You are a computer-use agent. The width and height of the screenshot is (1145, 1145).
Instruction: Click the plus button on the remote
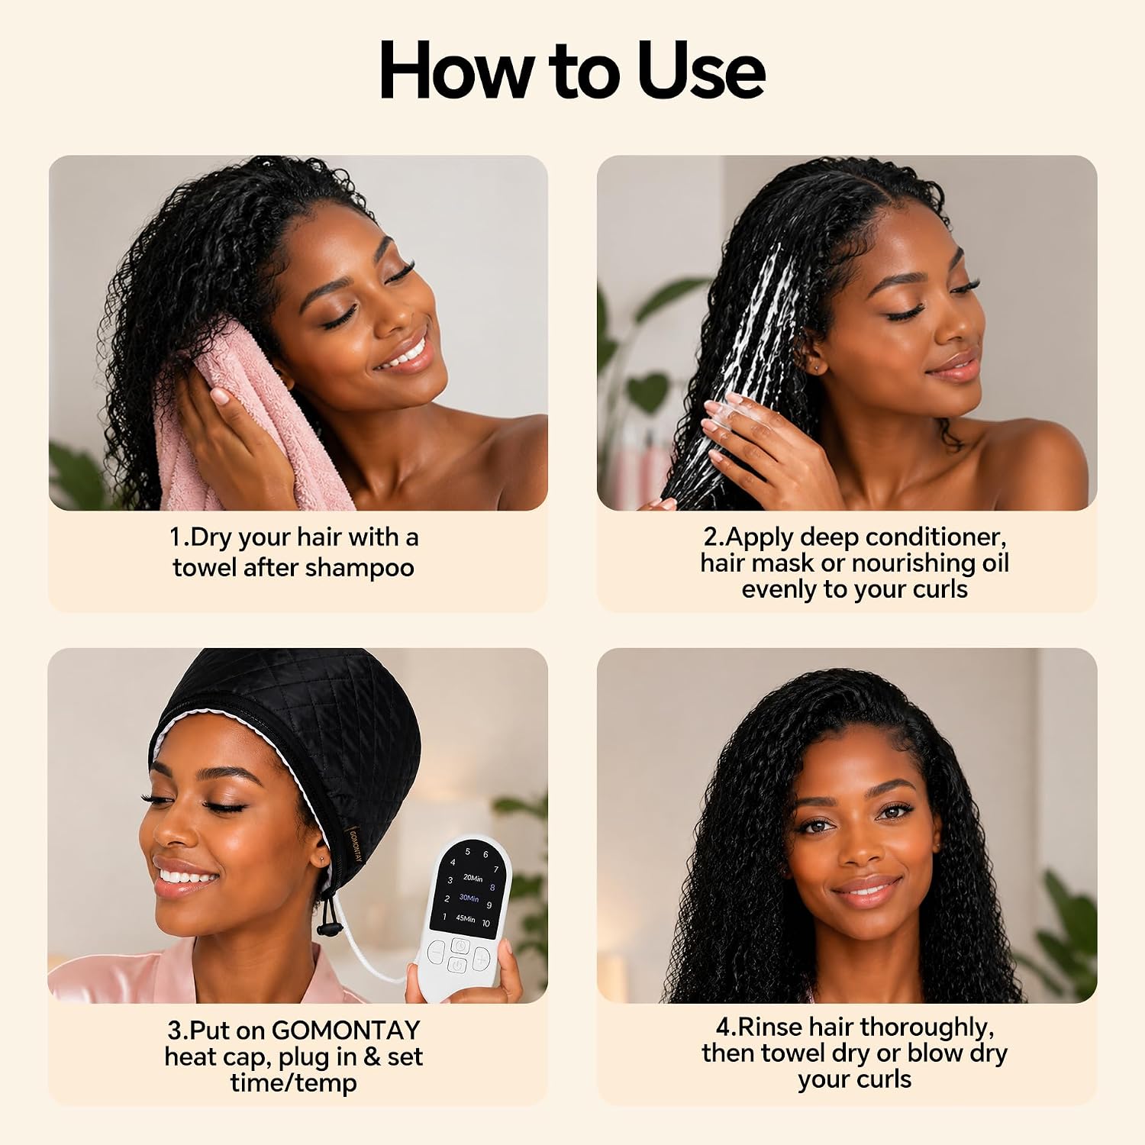pos(482,958)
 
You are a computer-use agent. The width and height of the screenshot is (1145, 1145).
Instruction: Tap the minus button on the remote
pos(437,953)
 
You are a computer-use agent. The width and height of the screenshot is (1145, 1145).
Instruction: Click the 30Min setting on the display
pos(469,898)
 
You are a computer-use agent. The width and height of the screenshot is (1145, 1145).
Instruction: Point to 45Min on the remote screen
pos(466,918)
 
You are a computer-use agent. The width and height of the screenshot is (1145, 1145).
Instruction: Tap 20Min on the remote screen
pos(473,878)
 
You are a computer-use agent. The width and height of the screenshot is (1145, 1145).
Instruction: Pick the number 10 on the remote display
pos(485,924)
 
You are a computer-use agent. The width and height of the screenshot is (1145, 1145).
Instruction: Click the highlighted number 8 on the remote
pos(492,888)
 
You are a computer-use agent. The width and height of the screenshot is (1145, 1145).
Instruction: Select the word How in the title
pos(456,69)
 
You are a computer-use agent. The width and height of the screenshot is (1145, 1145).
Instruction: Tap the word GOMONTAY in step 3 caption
pos(346,1030)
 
